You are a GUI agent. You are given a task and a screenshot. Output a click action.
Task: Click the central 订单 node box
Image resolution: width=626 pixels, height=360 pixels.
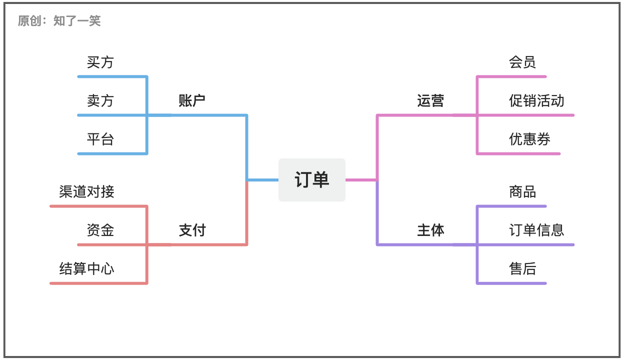coord(312,179)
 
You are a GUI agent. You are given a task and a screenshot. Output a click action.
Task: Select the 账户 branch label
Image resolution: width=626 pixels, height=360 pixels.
coord(192,100)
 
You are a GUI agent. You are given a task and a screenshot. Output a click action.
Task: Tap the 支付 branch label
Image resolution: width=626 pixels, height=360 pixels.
coord(192,230)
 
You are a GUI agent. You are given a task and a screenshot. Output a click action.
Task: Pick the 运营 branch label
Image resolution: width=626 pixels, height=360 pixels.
coord(430,100)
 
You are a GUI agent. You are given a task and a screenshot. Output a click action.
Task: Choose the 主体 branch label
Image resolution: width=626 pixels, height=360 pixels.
coord(430,230)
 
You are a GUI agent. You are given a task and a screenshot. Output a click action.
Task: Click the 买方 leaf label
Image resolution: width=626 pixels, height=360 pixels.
coord(100,62)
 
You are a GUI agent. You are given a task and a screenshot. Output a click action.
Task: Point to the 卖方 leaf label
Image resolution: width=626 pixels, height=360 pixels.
coord(100,100)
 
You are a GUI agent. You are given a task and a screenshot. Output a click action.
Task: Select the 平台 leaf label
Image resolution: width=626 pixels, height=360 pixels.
coord(100,139)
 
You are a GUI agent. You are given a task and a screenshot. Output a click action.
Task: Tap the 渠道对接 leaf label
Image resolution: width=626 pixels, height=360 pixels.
coord(86,191)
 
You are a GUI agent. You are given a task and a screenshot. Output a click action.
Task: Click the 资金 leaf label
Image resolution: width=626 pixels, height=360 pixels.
coord(100,230)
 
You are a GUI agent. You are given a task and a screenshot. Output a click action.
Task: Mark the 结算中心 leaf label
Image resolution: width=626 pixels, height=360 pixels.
coord(86,269)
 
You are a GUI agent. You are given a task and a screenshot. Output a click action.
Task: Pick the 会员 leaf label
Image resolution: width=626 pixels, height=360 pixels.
coord(522,62)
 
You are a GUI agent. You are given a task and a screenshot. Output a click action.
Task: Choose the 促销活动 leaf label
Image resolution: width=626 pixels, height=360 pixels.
coord(536,100)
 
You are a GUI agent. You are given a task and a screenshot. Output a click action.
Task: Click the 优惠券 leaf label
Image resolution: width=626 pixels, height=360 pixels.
coord(529,139)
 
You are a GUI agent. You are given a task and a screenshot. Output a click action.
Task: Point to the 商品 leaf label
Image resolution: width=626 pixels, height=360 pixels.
coord(522,191)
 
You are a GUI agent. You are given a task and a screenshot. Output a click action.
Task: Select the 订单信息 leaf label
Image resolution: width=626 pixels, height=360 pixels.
coord(536,230)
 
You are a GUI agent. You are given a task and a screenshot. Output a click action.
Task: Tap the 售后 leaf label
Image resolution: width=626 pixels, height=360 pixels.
coord(522,269)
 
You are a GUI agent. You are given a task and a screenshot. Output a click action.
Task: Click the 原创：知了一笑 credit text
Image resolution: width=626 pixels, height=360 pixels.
coord(59,21)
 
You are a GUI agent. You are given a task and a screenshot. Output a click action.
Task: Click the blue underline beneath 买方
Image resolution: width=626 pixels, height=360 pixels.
coord(112,76)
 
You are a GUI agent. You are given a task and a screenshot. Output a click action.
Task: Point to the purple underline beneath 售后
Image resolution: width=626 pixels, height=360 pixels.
coord(511,283)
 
